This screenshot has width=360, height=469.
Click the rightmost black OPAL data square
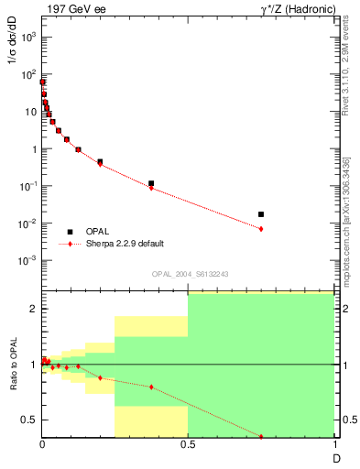coord(261,214)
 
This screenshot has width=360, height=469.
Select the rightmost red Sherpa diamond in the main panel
coord(261,229)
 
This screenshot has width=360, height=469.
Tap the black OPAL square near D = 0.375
coord(151,183)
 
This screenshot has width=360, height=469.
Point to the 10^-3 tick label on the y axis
coord(28,260)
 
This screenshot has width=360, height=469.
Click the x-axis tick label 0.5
coord(188,447)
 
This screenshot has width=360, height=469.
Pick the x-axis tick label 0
coord(42,447)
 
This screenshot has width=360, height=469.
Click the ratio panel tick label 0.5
coord(29,420)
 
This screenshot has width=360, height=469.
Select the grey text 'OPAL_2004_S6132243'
coord(188,274)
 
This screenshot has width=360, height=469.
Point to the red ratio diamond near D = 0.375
coord(151,387)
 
